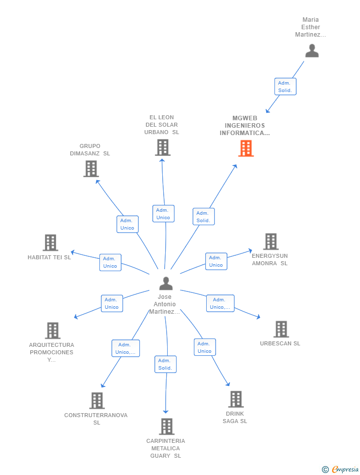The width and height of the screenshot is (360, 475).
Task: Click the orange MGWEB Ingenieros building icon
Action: [x=246, y=148]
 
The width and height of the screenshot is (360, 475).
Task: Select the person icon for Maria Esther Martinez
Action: [x=312, y=51]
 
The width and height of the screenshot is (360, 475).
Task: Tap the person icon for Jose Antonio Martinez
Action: [x=166, y=284]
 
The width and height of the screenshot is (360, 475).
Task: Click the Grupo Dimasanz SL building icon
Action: [x=91, y=169]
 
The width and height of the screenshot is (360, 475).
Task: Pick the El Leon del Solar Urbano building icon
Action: [x=163, y=147]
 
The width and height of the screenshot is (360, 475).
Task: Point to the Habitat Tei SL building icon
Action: [x=50, y=243]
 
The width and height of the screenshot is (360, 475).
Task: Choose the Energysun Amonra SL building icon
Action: [x=270, y=241]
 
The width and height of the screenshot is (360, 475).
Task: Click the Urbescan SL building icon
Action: [x=281, y=329]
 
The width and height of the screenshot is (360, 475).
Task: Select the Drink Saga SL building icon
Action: [x=236, y=399]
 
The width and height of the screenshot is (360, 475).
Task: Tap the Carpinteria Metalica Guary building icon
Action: [x=167, y=427]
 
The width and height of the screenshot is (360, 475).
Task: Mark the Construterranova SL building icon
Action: [x=97, y=401]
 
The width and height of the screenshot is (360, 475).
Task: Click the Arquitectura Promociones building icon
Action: [x=52, y=331]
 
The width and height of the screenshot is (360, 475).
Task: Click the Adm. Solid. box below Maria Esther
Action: [x=285, y=87]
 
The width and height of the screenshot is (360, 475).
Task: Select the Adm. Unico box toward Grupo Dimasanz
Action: [x=127, y=224]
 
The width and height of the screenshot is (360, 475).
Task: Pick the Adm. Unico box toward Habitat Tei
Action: [x=110, y=262]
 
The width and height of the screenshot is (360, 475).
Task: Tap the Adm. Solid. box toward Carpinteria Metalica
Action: [x=165, y=364]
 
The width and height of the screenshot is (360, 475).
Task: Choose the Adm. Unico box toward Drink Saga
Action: [x=204, y=347]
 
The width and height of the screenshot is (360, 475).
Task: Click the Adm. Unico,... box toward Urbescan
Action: [x=220, y=303]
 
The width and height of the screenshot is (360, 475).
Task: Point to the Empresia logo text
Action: [x=344, y=469]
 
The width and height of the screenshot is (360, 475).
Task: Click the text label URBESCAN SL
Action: [x=280, y=343]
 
